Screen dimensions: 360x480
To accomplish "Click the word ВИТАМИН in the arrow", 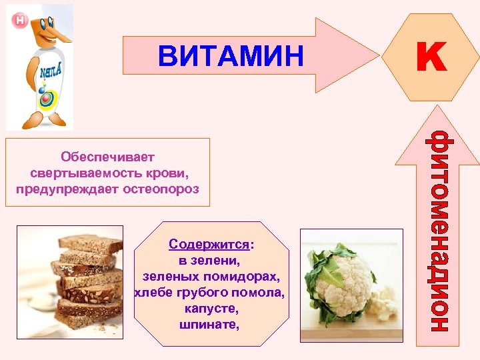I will click(231, 56).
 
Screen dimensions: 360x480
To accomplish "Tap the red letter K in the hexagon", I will click(431, 57).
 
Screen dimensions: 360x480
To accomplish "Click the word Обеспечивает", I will click(107, 157).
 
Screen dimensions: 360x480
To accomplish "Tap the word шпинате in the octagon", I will click(209, 325).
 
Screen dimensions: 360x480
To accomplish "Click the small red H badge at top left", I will click(20, 21).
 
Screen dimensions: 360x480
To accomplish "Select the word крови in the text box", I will click(170, 173).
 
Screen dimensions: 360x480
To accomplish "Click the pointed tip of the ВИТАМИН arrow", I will click(376, 55).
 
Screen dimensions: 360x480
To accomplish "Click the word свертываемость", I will click(87, 173).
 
